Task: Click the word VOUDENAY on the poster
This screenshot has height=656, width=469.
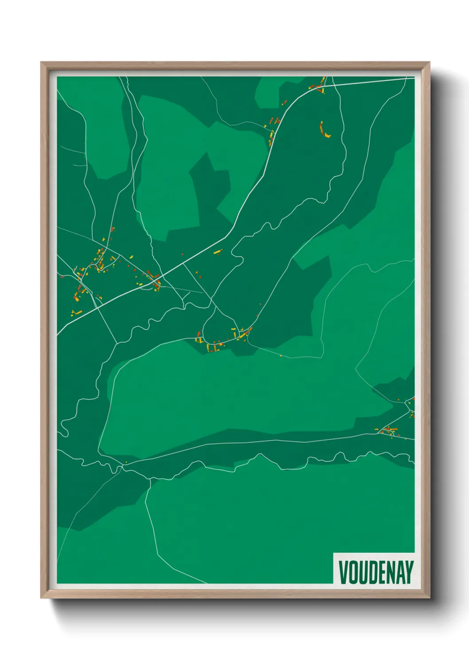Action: pyautogui.click(x=376, y=572)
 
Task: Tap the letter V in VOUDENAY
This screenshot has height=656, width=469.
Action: pyautogui.click(x=343, y=572)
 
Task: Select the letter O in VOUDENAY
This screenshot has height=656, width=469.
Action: pyautogui.click(x=353, y=572)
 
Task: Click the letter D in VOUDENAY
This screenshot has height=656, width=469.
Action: pyautogui.click(x=372, y=572)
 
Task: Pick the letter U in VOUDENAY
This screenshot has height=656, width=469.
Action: pyautogui.click(x=362, y=572)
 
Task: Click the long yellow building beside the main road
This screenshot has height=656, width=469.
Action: pyautogui.click(x=217, y=252)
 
